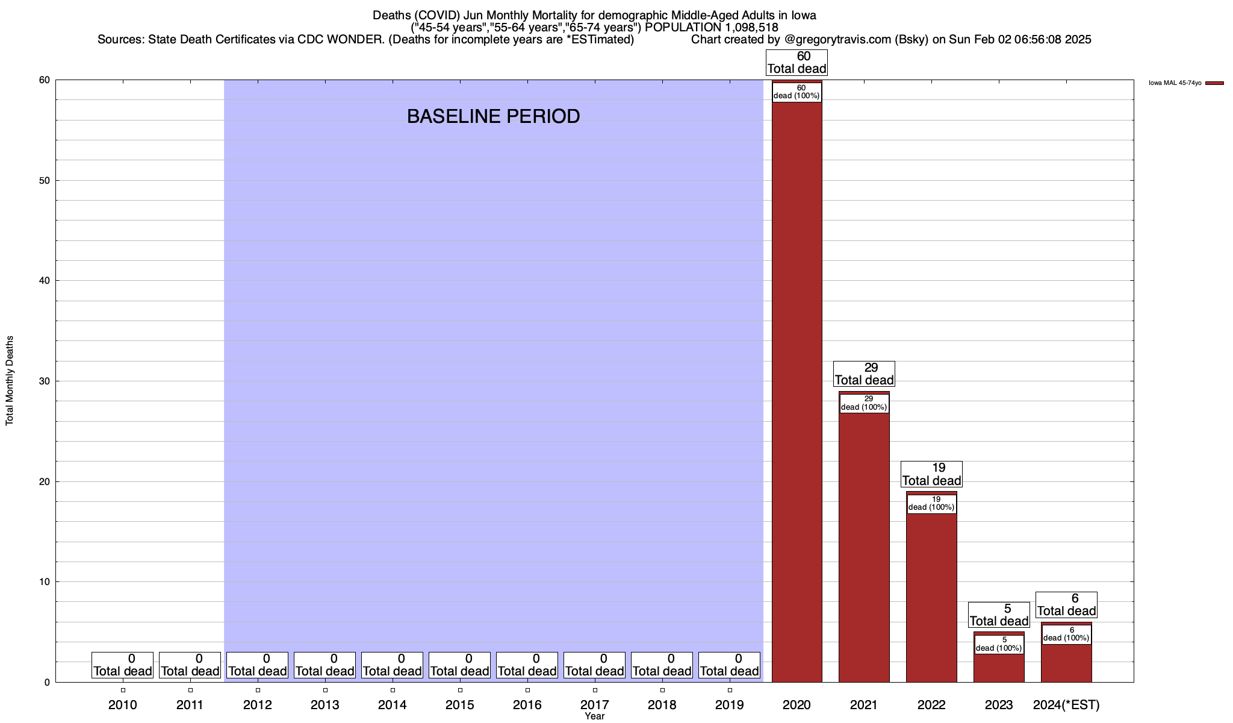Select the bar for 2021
[x=864, y=542]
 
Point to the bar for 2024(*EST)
[x=1066, y=663]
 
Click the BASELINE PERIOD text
[x=493, y=116]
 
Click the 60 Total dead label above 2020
[x=797, y=63]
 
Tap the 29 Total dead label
[x=864, y=374]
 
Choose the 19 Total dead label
[x=931, y=474]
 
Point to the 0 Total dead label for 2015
[x=459, y=665]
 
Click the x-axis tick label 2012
[x=258, y=705]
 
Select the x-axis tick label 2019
[x=730, y=705]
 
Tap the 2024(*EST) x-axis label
[x=1066, y=705]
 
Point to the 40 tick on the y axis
[x=45, y=281]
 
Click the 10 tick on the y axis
[x=45, y=582]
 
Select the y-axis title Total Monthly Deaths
[x=10, y=381]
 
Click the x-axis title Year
[x=595, y=716]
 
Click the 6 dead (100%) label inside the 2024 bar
[x=1066, y=634]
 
